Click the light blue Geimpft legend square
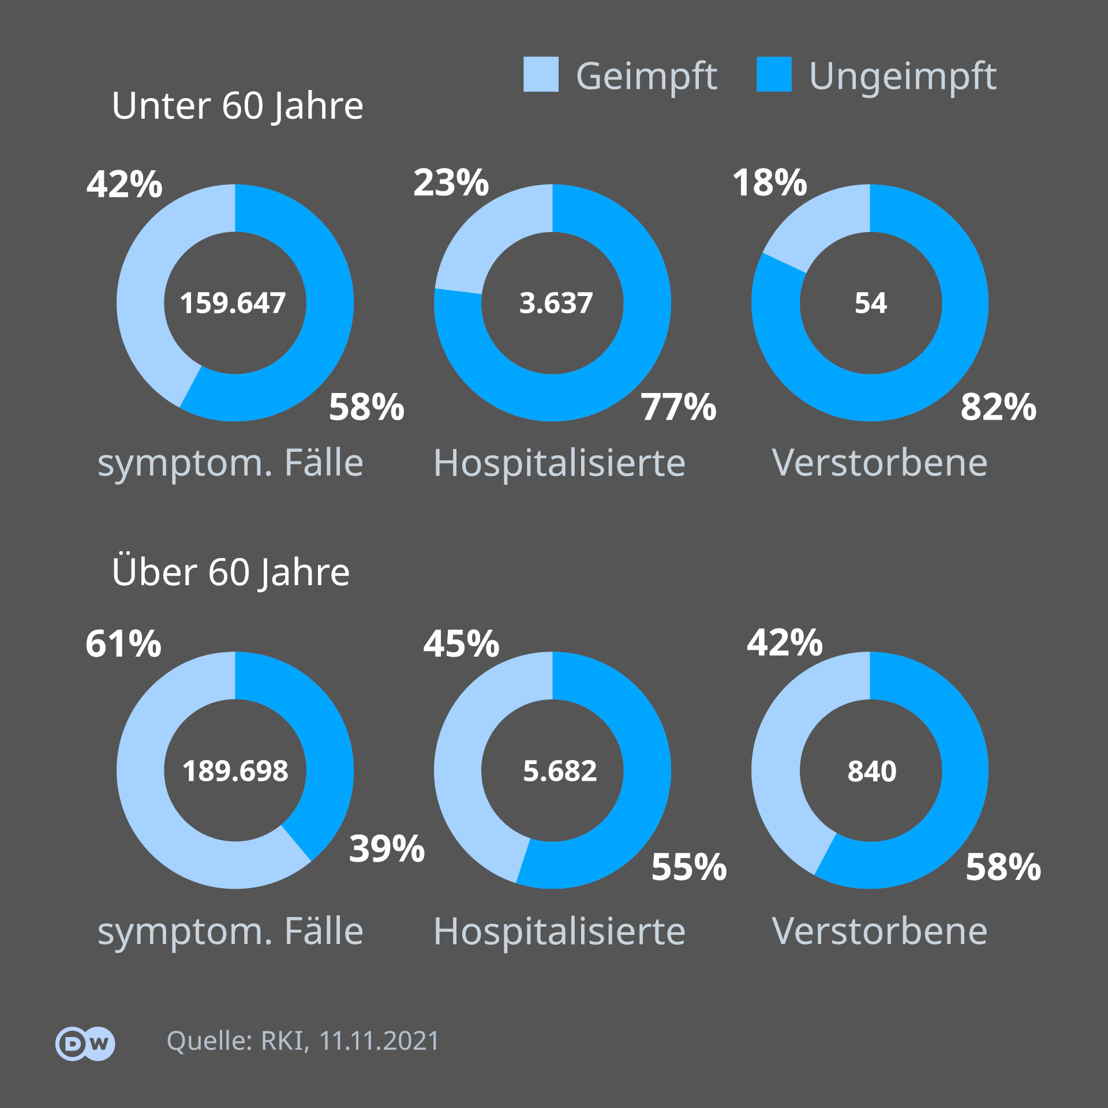(x=541, y=74)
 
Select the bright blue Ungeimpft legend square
(x=774, y=74)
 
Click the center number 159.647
(x=233, y=303)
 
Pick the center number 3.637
(x=556, y=303)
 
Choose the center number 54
(x=871, y=303)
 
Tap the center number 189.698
(x=235, y=771)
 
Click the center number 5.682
(x=560, y=771)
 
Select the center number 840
(x=872, y=771)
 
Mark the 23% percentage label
(x=451, y=183)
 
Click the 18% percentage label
(x=770, y=183)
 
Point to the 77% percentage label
(x=679, y=407)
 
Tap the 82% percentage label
(x=998, y=407)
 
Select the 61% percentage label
(x=123, y=643)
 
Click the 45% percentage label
(x=461, y=643)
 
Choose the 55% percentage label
(x=689, y=867)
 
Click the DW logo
(x=85, y=1043)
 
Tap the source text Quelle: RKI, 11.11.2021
(x=303, y=1041)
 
